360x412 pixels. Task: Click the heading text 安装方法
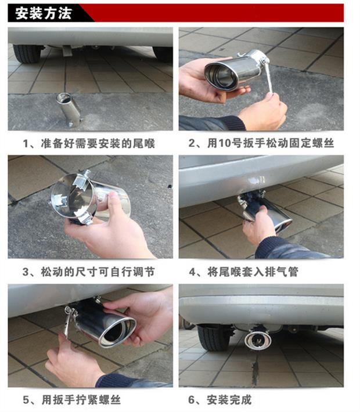click(x=44, y=13)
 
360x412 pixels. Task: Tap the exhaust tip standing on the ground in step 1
click(x=69, y=109)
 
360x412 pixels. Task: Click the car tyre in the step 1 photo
click(x=27, y=54)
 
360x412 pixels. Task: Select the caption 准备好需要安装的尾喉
click(x=98, y=143)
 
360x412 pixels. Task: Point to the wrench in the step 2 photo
click(x=268, y=75)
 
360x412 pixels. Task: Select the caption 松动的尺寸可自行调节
click(x=98, y=272)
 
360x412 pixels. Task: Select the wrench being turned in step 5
click(x=69, y=321)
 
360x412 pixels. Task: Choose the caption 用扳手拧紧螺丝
click(x=81, y=400)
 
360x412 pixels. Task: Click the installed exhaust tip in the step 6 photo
click(x=258, y=339)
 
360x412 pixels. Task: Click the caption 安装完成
click(x=229, y=400)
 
